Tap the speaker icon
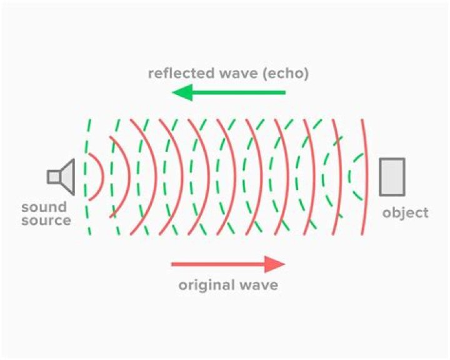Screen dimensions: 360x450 pos(61,176)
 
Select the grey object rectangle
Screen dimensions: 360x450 pos(392,177)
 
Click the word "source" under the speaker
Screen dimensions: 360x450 pos(46,220)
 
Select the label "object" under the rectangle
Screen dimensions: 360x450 pos(406,213)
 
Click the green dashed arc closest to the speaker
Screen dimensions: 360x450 pos(87,177)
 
